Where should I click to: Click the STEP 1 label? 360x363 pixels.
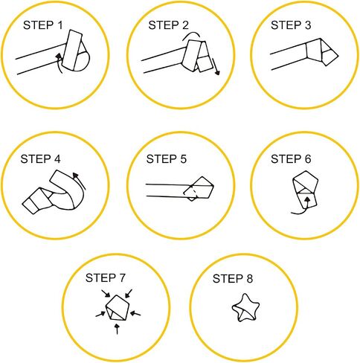click(x=43, y=25)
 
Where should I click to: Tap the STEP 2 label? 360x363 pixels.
click(x=168, y=25)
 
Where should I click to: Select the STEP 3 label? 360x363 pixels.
click(x=291, y=25)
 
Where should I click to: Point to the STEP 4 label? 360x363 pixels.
click(x=40, y=159)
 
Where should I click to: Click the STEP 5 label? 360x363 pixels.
click(x=167, y=159)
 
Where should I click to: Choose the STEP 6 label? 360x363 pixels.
click(x=291, y=159)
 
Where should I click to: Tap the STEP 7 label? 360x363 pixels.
click(x=106, y=278)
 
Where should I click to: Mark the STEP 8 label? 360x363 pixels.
click(x=233, y=279)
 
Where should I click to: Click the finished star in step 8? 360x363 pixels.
click(x=245, y=308)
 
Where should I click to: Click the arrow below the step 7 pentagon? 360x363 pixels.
click(x=118, y=329)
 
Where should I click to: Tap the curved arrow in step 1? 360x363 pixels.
click(x=59, y=63)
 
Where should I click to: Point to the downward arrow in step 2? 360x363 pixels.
click(x=216, y=66)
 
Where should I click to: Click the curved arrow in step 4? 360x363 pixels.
click(x=81, y=180)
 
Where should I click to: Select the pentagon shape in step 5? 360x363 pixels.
click(x=199, y=187)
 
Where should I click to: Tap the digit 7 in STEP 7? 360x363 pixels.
click(x=122, y=278)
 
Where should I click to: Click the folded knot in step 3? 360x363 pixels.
click(x=321, y=52)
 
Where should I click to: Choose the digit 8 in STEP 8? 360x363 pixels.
click(x=249, y=279)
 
